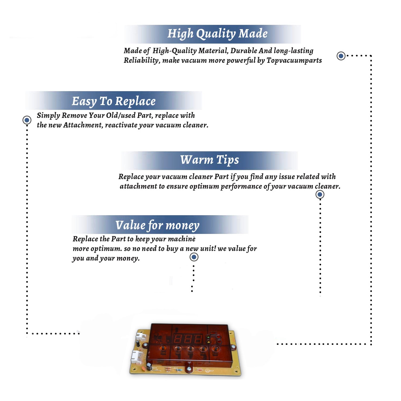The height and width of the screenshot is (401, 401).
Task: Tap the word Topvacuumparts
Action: (294, 61)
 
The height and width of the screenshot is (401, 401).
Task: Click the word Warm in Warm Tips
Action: (197, 160)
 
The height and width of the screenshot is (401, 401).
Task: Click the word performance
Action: (241, 186)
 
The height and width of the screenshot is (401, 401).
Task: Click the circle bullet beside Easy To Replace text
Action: (27, 120)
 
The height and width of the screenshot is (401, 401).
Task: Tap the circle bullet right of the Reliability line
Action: (341, 56)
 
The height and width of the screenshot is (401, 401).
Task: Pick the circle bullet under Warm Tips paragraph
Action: (320, 194)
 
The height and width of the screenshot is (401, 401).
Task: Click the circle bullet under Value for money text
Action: (194, 257)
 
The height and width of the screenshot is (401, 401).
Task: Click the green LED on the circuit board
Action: (208, 338)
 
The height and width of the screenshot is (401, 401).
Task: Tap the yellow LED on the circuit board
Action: (208, 342)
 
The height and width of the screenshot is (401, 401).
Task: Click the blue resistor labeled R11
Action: (179, 370)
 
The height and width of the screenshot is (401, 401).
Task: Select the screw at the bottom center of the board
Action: (189, 369)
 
